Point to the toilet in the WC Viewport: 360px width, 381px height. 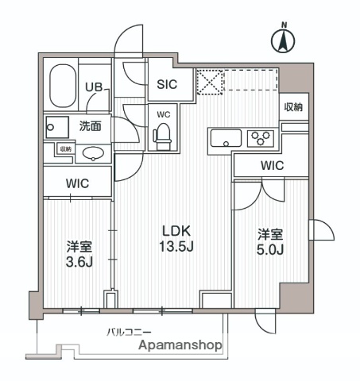pos(163,137)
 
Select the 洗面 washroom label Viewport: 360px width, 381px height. pos(89,125)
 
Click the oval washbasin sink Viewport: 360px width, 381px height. pos(94,154)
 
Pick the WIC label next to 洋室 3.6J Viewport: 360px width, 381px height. pos(77,183)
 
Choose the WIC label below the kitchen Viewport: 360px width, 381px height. pos(271,166)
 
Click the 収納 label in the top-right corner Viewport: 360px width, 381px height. pos(293,107)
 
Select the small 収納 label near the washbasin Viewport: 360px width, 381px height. pos(64,148)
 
